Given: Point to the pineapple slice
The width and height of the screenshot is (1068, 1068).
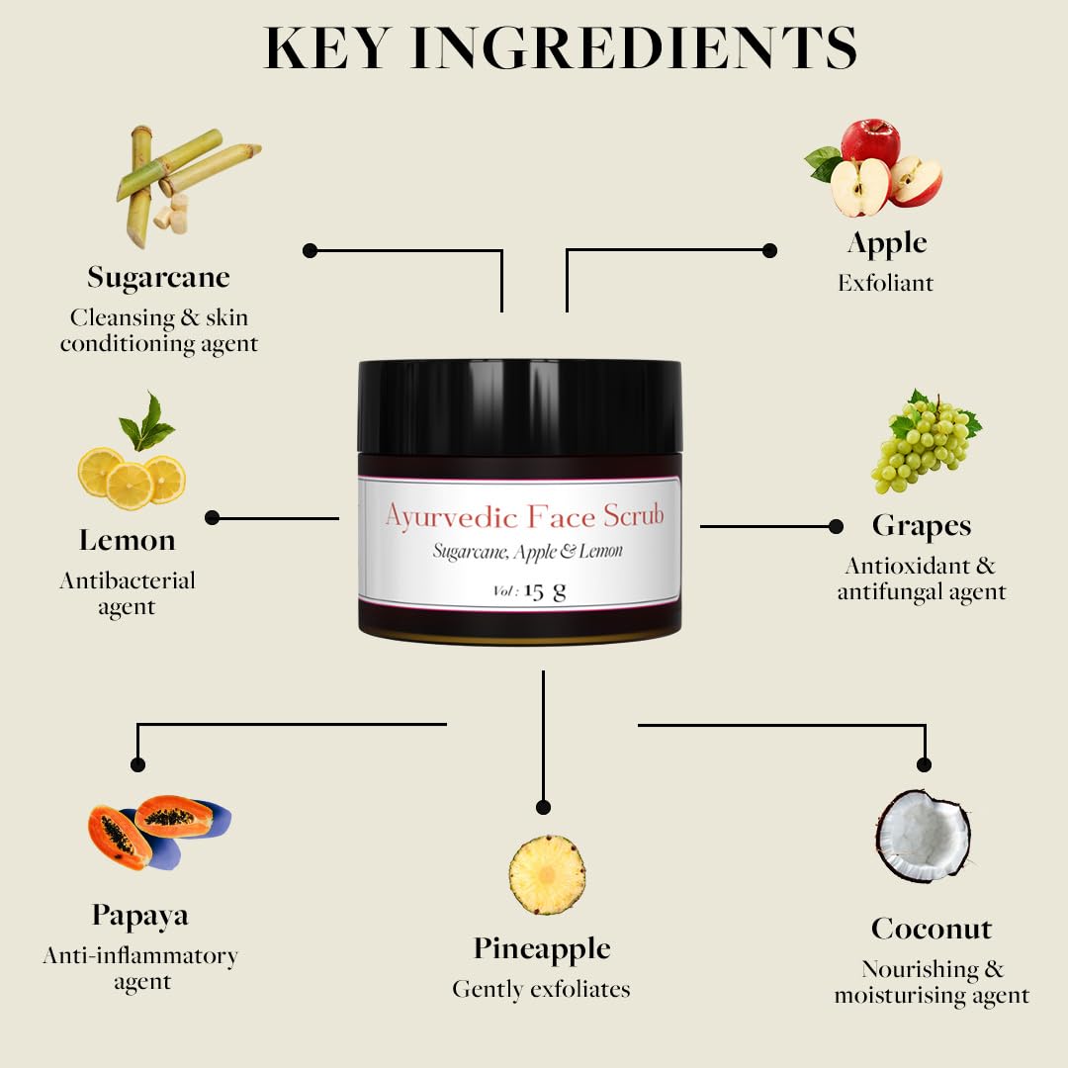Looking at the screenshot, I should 547,875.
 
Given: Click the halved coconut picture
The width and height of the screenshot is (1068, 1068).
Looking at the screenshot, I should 923,836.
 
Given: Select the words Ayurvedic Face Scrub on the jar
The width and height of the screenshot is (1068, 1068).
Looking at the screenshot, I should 524,516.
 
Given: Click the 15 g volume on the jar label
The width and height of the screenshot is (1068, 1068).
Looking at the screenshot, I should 544,590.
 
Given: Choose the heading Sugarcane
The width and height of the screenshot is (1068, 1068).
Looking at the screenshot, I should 158,277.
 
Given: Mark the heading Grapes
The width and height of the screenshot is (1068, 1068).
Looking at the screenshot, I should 922,526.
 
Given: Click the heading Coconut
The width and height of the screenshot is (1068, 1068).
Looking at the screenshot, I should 932,929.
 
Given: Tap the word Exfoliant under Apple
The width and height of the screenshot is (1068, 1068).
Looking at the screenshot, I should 886,284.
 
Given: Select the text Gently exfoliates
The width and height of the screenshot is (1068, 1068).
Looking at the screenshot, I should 541,989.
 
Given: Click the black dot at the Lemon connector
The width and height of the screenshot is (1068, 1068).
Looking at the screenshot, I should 212,517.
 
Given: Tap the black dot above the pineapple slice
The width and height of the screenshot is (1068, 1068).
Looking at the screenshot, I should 543,808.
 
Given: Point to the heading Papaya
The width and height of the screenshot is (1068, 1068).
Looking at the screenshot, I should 140,916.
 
